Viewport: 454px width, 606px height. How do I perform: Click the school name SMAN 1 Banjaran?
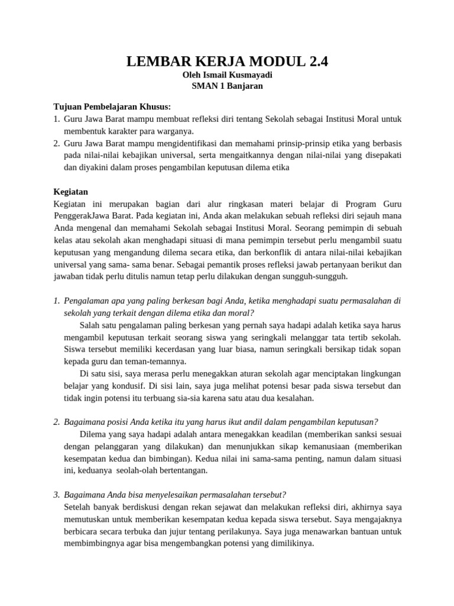pos(227,86)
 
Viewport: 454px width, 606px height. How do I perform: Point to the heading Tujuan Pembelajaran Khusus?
pos(112,107)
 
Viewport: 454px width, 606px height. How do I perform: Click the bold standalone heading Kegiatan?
pos(71,192)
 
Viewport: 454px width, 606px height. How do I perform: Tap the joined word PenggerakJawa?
pos(80,216)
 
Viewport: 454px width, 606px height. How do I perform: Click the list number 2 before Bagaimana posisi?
pos(56,422)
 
